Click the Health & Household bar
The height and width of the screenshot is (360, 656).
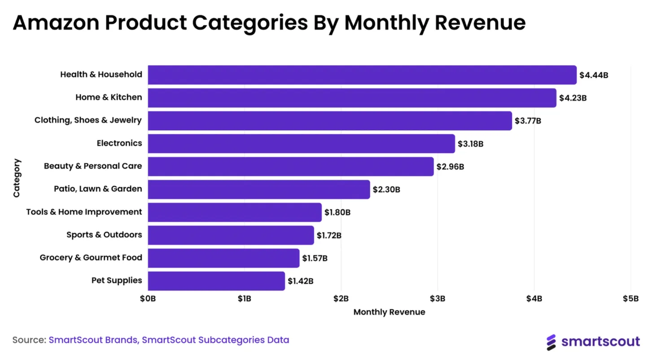tap(362, 75)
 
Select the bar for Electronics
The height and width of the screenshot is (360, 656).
tap(302, 144)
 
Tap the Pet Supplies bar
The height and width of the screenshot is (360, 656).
tap(216, 281)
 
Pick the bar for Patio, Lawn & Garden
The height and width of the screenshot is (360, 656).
tap(259, 189)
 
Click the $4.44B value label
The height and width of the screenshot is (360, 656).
tap(594, 75)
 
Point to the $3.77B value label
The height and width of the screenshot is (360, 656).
tap(528, 121)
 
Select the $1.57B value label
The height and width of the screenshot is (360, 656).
tap(315, 258)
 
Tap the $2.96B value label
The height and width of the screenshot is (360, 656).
tap(450, 167)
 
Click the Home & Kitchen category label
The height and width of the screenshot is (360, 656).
tap(109, 97)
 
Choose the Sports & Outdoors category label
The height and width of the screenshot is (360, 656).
tap(104, 235)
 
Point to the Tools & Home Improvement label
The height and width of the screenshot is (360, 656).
tap(84, 212)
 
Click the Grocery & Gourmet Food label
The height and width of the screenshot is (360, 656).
tap(91, 258)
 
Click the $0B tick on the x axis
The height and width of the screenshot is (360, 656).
tap(148, 299)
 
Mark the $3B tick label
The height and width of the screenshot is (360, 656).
tap(437, 299)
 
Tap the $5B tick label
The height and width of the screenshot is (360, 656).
tap(631, 299)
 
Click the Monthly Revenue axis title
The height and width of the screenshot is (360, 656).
tap(389, 312)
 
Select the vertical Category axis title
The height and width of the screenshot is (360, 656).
tap(17, 178)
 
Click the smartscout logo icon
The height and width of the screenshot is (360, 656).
tap(551, 342)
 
